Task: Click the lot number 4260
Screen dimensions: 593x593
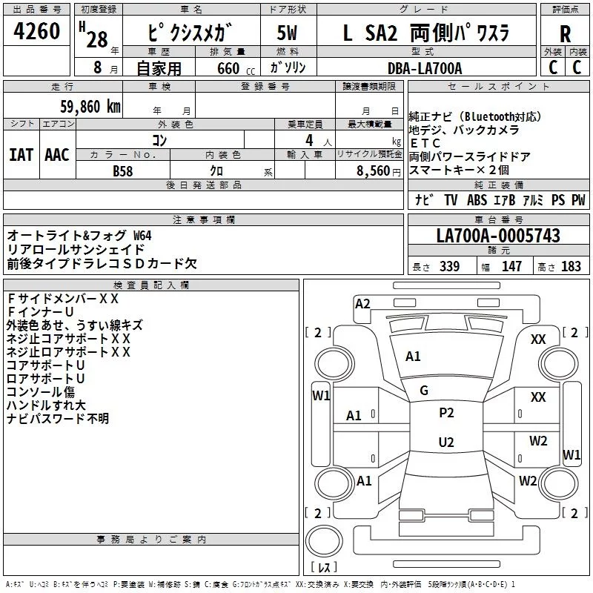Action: (x=37, y=32)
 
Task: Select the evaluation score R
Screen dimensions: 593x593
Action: (x=565, y=34)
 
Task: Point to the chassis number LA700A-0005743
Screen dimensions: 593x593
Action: (x=498, y=236)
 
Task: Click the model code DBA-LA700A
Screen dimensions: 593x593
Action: (x=425, y=68)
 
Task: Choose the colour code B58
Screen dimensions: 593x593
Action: (x=123, y=170)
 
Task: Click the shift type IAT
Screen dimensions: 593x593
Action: (x=21, y=155)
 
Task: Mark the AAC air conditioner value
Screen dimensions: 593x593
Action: (x=56, y=155)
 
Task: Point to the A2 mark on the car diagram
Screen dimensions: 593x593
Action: (x=362, y=303)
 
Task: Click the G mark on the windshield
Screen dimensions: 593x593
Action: (x=424, y=390)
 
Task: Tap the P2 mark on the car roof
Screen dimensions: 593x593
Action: (x=446, y=413)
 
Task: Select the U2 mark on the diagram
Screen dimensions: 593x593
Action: (x=446, y=443)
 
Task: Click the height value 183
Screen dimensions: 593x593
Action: (x=572, y=267)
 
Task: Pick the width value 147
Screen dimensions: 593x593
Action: (x=511, y=267)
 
